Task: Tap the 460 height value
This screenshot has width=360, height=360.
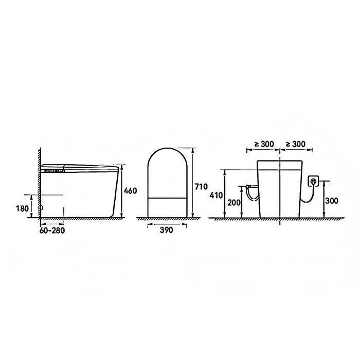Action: [x=131, y=191]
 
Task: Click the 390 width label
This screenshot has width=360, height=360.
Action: [x=166, y=230]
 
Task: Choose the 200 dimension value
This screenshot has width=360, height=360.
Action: [x=234, y=203]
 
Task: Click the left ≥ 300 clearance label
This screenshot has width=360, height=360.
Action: [x=263, y=143]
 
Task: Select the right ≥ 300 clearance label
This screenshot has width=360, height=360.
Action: [x=295, y=143]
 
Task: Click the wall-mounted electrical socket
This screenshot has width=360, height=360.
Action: [x=313, y=181]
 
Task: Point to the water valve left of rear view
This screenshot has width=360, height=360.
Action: [x=250, y=191]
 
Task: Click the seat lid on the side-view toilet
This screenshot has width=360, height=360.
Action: [x=80, y=166]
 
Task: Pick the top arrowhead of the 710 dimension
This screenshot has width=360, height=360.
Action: [x=193, y=149]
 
